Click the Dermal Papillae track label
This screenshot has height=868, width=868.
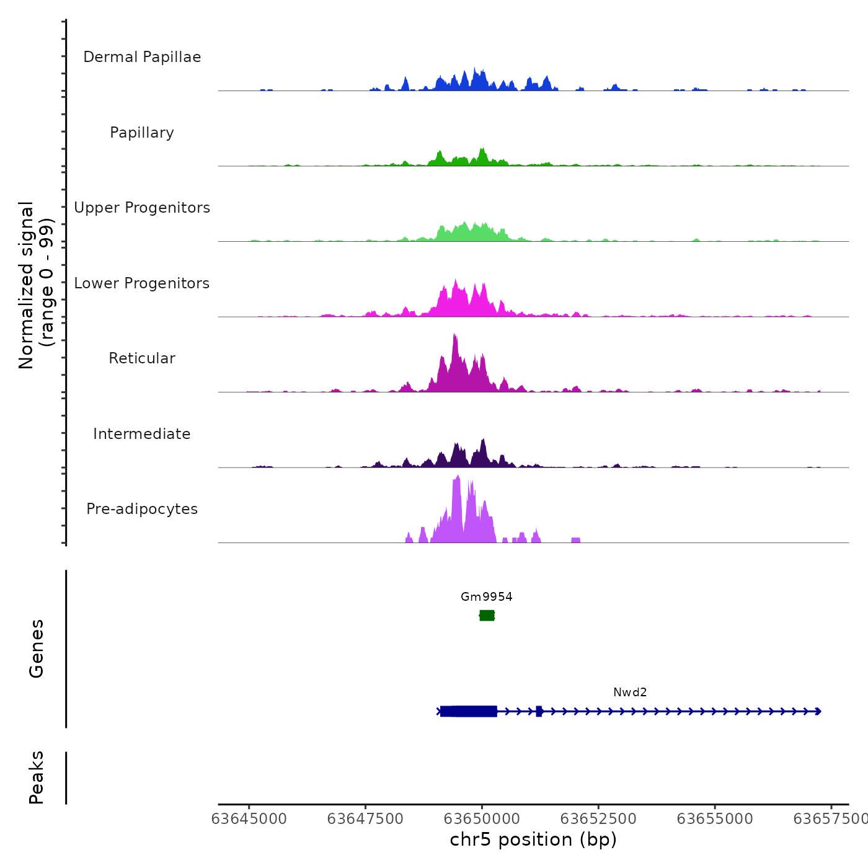(x=142, y=57)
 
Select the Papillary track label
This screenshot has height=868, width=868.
(x=142, y=133)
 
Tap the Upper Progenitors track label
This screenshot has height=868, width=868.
(x=142, y=208)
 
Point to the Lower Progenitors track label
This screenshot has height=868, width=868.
(x=142, y=283)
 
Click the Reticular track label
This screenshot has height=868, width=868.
(x=142, y=358)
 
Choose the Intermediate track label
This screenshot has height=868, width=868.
(x=142, y=434)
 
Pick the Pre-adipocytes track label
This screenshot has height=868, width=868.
(x=142, y=509)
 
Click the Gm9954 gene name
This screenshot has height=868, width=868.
(x=487, y=597)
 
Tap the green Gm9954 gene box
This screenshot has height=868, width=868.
(x=487, y=615)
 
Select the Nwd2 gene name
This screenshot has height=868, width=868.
(x=630, y=693)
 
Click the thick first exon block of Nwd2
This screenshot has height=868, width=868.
(x=469, y=711)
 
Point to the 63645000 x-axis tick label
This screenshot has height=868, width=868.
(x=249, y=819)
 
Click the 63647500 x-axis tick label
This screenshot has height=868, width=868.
(x=365, y=819)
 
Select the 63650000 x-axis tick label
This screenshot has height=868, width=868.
(x=482, y=819)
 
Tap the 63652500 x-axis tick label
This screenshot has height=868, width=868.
(x=598, y=819)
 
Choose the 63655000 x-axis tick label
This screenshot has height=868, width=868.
(x=715, y=819)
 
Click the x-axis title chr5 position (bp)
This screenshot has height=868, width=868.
(x=533, y=839)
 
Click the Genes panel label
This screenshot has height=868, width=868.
(x=37, y=649)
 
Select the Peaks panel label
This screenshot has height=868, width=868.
(x=37, y=777)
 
